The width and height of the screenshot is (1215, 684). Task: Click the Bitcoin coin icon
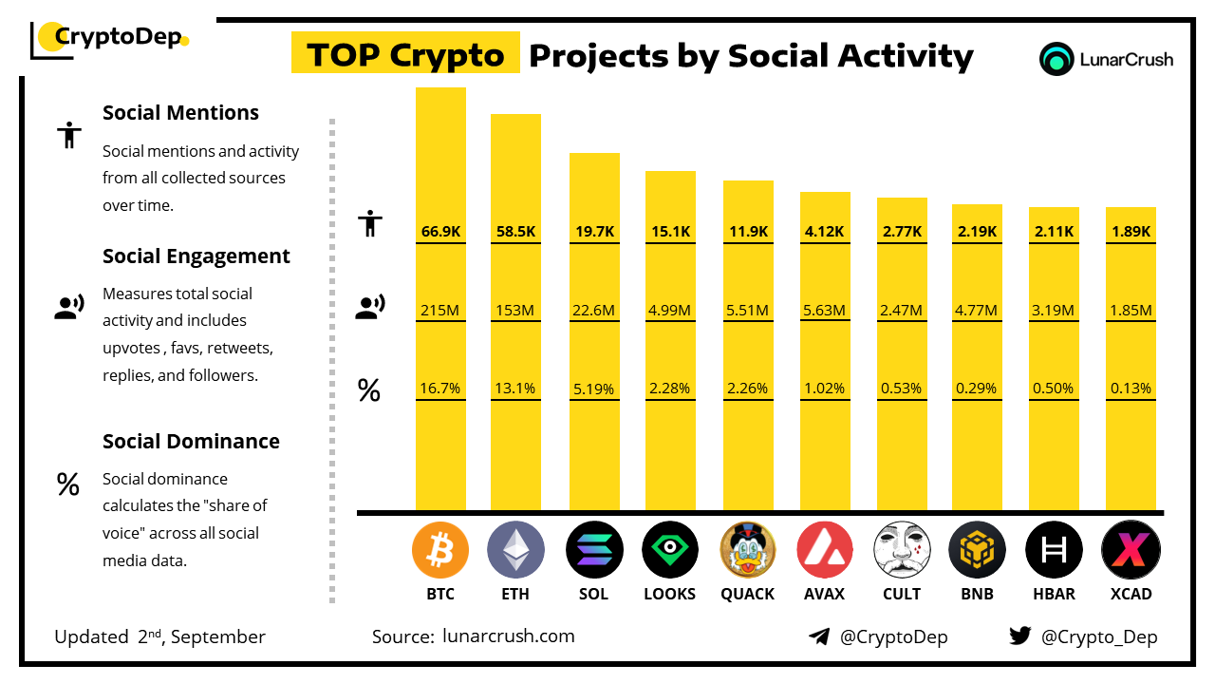[440, 550]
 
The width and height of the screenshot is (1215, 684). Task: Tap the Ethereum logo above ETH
[515, 550]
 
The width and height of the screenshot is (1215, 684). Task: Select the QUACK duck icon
[748, 550]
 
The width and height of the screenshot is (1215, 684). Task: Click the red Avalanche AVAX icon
[825, 550]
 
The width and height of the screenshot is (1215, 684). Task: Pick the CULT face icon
[902, 550]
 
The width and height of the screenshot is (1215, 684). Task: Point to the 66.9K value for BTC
[440, 231]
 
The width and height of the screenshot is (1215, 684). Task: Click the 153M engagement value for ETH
[515, 310]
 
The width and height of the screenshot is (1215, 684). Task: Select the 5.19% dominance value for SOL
[594, 389]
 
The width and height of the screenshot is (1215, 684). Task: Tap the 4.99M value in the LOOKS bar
[670, 310]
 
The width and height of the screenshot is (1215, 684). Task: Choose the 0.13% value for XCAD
[1131, 389]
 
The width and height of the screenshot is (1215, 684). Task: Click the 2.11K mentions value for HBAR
[1054, 231]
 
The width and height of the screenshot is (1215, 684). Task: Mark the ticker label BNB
[977, 594]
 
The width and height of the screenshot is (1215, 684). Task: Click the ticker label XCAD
[1131, 594]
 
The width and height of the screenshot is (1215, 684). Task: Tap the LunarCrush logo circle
[1056, 59]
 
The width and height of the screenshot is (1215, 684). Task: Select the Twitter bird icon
[1020, 636]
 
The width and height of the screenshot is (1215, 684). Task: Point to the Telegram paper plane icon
[819, 636]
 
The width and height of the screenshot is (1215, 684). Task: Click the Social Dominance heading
[191, 441]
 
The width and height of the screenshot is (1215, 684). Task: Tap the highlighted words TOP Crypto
[405, 55]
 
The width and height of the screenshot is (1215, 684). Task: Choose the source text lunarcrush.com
[508, 636]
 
